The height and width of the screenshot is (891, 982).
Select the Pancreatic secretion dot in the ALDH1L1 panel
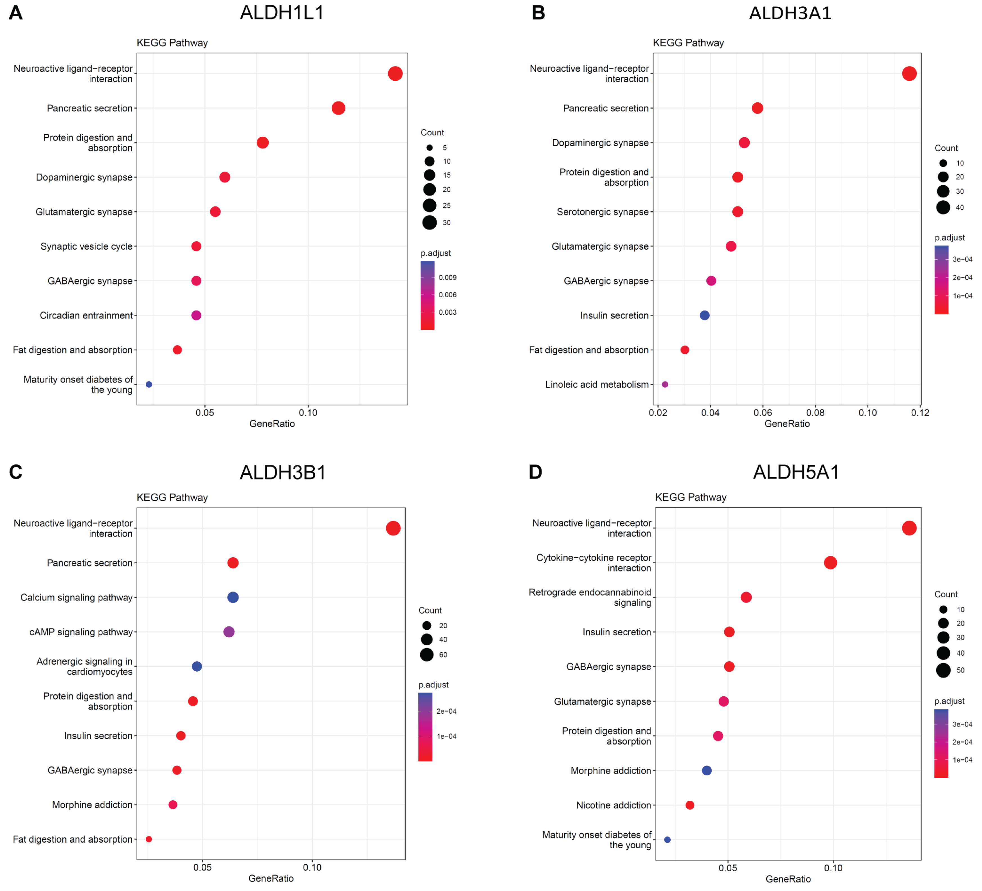click(338, 108)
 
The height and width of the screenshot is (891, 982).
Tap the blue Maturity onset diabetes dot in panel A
click(149, 384)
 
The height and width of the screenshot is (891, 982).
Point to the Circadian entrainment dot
click(196, 315)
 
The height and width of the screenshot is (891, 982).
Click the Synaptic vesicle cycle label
click(86, 246)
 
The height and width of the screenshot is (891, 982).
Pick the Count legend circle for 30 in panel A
click(429, 223)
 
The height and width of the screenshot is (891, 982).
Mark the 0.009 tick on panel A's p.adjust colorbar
click(447, 278)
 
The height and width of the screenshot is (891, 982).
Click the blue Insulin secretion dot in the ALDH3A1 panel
click(704, 315)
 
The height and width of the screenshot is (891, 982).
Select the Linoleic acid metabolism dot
click(665, 384)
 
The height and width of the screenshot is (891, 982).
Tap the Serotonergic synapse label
click(603, 212)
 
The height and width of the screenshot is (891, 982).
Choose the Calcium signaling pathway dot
click(233, 597)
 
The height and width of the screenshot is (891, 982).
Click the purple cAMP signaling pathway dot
click(229, 632)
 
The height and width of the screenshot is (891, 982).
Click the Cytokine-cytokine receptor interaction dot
click(830, 563)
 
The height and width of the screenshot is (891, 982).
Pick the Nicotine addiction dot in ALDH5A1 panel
click(690, 805)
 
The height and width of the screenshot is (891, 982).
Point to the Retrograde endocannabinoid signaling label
click(590, 597)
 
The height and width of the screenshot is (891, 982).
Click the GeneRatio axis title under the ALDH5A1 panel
click(788, 879)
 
